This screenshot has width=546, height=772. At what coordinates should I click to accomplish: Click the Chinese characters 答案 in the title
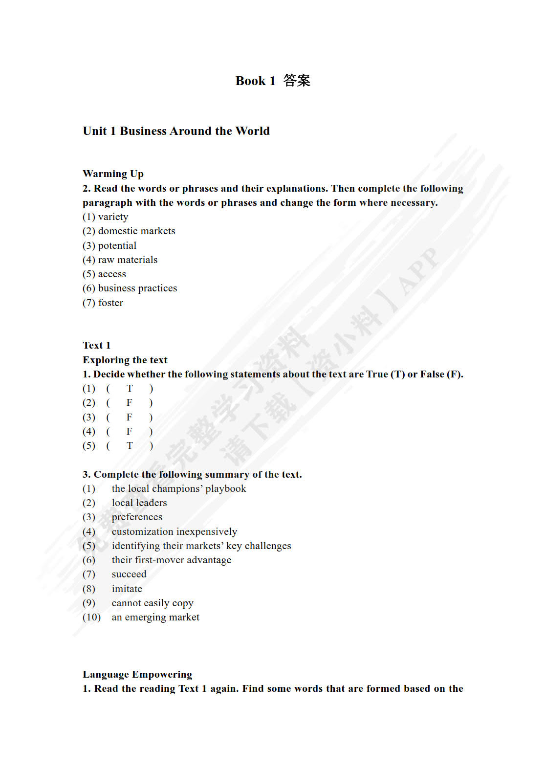297,81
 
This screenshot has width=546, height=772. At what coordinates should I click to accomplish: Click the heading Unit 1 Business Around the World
176,131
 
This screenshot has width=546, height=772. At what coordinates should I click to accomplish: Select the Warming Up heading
113,174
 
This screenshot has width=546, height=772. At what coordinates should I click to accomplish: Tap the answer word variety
113,217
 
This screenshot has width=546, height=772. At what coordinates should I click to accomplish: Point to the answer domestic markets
136,231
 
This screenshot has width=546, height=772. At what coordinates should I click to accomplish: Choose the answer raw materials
128,260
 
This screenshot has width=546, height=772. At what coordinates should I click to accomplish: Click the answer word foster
110,303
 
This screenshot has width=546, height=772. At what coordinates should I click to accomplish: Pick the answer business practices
137,288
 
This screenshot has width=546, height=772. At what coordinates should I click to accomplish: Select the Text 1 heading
96,345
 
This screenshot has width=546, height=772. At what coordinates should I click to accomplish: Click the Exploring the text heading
125,360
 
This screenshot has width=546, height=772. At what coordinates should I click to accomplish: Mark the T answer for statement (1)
130,389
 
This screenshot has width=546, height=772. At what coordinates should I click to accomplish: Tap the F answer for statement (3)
130,417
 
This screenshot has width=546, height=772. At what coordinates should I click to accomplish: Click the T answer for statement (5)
130,445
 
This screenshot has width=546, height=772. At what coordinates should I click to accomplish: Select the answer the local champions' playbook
178,488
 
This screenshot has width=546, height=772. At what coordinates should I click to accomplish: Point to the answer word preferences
137,517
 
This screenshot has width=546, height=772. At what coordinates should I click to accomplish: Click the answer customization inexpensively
174,531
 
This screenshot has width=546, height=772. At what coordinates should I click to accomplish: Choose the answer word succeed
129,574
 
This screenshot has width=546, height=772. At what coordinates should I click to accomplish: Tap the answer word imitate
127,589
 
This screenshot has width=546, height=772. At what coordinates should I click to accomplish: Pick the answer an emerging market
155,617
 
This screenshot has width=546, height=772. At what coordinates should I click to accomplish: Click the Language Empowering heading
137,674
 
